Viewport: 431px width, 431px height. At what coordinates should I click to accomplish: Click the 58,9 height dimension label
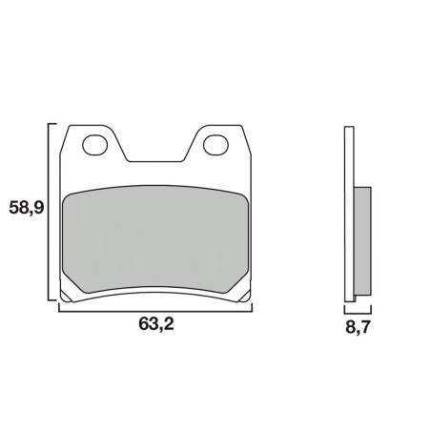coord(26,208)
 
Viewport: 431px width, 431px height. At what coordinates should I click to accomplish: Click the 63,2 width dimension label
coord(156,324)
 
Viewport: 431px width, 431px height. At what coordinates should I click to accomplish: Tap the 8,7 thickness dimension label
coord(358,327)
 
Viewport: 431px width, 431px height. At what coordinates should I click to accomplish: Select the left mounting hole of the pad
coord(94,145)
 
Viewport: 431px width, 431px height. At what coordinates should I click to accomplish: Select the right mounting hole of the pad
coord(215,145)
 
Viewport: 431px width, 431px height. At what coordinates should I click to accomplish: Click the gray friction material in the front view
coord(155,239)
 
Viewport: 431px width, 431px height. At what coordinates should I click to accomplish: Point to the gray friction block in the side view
coord(362,241)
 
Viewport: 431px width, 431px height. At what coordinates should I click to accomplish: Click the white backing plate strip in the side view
coord(349,214)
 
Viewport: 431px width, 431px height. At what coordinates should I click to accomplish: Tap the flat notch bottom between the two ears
coord(155,161)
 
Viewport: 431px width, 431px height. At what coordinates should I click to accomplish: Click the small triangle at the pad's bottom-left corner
coord(66,296)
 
